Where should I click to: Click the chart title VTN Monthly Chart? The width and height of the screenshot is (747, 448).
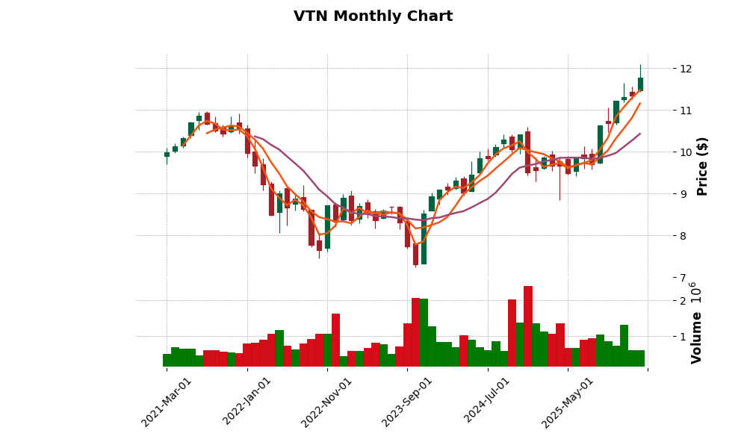pyautogui.click(x=373, y=16)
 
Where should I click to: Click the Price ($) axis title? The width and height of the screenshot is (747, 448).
pyautogui.click(x=702, y=166)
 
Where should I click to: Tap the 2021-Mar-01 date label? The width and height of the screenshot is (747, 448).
pyautogui.click(x=167, y=402)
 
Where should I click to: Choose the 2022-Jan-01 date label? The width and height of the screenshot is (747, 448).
pyautogui.click(x=247, y=402)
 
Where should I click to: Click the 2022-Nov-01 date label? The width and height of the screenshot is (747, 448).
pyautogui.click(x=327, y=402)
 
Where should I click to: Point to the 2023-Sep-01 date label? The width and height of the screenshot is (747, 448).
pyautogui.click(x=407, y=402)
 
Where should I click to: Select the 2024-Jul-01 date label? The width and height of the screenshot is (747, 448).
pyautogui.click(x=488, y=402)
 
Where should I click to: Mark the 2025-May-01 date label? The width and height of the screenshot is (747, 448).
pyautogui.click(x=568, y=402)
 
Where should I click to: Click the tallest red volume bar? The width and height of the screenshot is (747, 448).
pyautogui.click(x=528, y=326)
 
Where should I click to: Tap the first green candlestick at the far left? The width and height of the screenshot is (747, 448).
pyautogui.click(x=167, y=155)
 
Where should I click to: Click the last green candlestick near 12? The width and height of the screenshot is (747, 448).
pyautogui.click(x=640, y=84)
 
